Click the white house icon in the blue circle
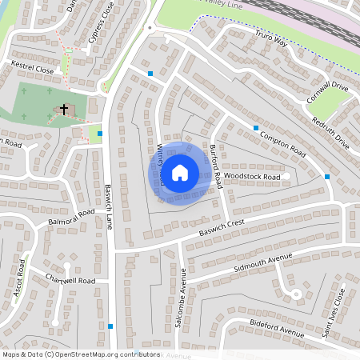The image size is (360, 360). [x=180, y=171]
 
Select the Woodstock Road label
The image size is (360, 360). [x=252, y=176]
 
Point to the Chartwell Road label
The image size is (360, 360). [x=70, y=281]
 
